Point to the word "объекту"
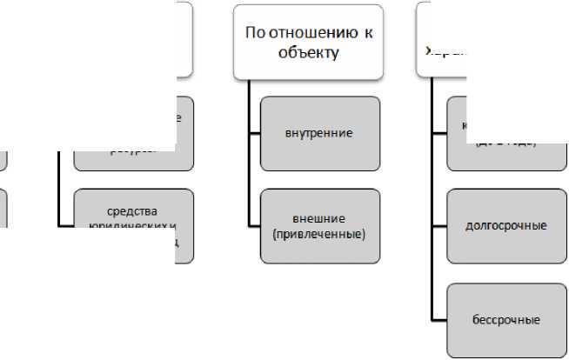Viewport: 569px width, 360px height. point(308,52)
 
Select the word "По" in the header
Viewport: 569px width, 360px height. point(254,33)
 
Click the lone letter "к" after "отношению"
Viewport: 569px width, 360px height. point(368,33)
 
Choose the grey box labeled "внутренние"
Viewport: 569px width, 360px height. point(319,134)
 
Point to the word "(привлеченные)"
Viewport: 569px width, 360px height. point(318,234)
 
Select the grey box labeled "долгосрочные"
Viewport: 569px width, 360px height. point(506,226)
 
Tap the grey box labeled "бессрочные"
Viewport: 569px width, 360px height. point(506,319)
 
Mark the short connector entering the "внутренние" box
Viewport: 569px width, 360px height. point(254,134)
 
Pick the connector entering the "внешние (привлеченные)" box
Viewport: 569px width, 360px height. point(254,226)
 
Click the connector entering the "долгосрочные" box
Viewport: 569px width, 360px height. point(438,226)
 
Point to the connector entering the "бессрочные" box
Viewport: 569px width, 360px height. point(438,319)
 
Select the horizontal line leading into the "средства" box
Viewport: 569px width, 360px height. point(65,226)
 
